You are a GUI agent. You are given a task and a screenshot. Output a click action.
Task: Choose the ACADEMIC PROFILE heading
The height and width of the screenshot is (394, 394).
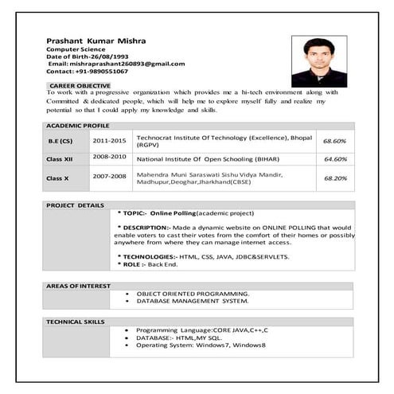point(77,127)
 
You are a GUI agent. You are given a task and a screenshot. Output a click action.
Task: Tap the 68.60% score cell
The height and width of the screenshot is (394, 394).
point(334,141)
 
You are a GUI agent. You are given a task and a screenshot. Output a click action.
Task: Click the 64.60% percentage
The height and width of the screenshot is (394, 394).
point(334,159)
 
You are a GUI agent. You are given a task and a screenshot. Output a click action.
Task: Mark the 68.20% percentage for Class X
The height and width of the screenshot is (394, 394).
point(335,177)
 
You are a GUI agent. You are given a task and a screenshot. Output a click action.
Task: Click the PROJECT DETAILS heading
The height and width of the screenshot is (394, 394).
point(76,205)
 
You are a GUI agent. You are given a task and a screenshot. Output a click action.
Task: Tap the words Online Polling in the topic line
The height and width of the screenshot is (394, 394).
point(173,213)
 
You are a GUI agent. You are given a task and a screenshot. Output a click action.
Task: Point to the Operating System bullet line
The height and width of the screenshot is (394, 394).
point(200,345)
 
